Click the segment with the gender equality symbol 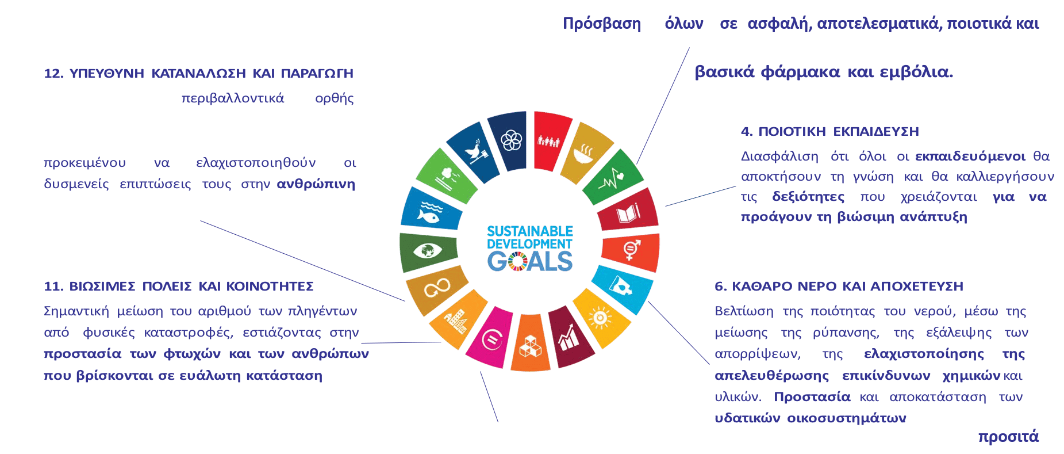631,251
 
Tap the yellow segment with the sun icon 600,318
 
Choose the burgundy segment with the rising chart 570,337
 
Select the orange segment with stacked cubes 530,344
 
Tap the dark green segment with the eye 428,252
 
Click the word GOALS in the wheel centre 530,262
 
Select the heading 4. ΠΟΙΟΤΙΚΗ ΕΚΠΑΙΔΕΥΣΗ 830,132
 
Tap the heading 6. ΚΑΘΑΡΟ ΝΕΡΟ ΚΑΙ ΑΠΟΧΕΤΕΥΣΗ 839,287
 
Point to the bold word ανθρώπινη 316,184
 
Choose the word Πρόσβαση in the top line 602,24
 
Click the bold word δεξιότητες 808,197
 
